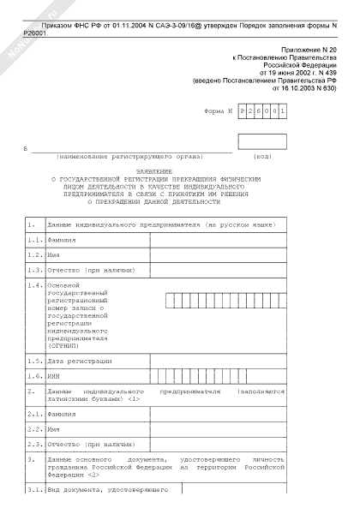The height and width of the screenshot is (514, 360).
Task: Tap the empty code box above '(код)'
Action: click(x=261, y=141)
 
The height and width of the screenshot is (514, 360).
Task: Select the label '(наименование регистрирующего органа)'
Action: click(x=129, y=157)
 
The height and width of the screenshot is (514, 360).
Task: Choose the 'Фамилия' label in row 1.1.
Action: click(x=62, y=240)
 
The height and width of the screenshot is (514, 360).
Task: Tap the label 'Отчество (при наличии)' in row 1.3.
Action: click(x=87, y=270)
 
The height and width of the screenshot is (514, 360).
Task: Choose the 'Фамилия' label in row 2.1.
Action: click(x=62, y=414)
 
